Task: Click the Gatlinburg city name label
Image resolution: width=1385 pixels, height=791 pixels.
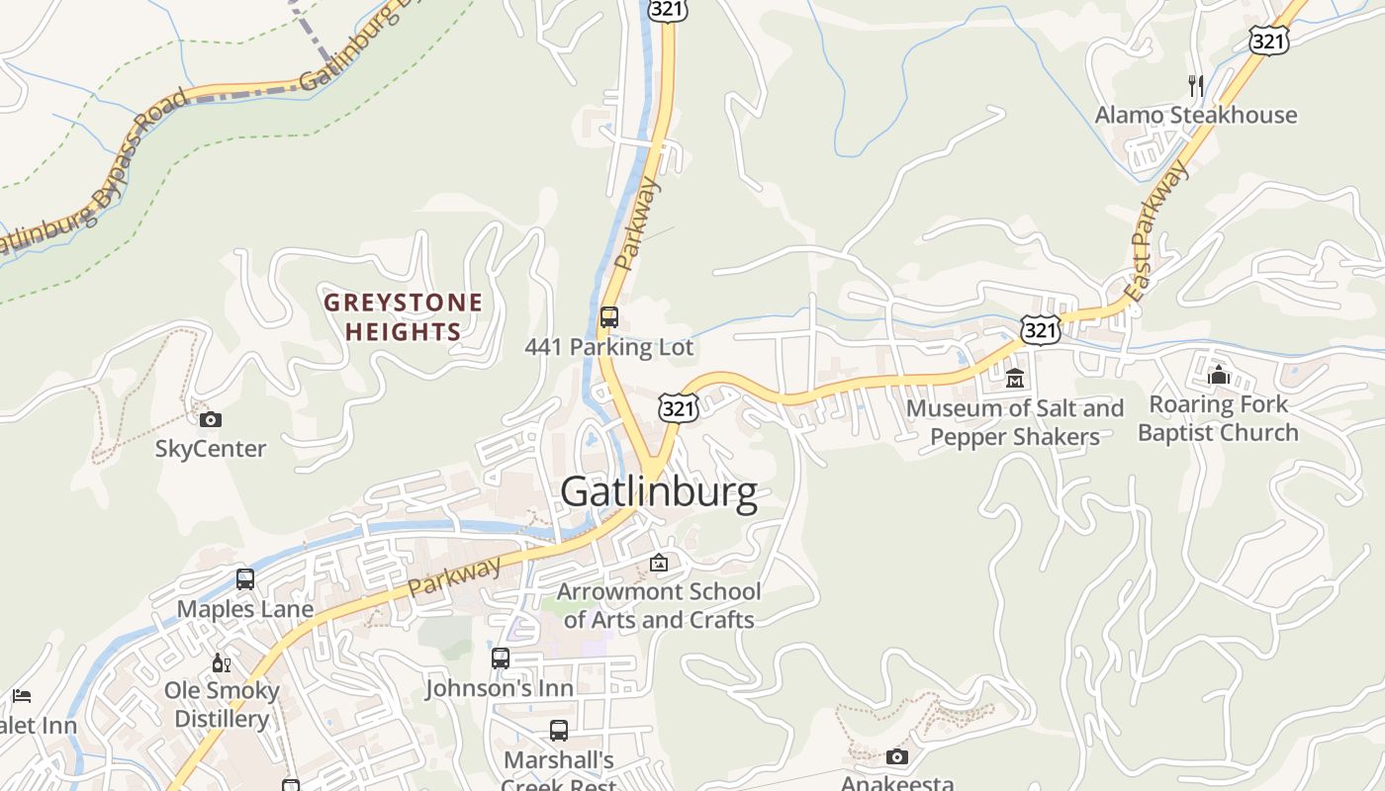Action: click(x=658, y=491)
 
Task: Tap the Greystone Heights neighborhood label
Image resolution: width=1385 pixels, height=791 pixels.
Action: click(x=404, y=316)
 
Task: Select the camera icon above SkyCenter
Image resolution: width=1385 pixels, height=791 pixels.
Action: click(x=211, y=419)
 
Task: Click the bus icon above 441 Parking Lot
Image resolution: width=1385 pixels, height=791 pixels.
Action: click(x=609, y=317)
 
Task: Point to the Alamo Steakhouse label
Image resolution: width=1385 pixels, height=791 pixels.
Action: click(x=1195, y=115)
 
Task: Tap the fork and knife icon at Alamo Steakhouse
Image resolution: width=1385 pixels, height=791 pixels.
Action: click(x=1196, y=86)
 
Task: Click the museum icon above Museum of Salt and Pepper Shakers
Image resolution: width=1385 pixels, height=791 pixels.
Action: click(x=1015, y=378)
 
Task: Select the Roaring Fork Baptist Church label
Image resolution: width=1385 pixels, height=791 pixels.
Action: click(x=1218, y=418)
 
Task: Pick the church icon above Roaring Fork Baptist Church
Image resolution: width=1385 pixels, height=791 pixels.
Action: click(x=1219, y=375)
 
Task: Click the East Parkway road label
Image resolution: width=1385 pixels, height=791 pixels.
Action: click(x=1157, y=232)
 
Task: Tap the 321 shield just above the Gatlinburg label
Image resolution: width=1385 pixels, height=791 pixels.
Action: click(x=680, y=407)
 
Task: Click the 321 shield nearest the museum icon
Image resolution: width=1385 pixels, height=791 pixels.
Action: click(x=1041, y=330)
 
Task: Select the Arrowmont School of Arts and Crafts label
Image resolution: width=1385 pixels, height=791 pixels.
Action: click(x=659, y=605)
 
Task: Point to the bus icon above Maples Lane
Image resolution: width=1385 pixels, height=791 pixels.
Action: click(x=245, y=579)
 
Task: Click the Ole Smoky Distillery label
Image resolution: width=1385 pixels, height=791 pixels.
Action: click(x=222, y=704)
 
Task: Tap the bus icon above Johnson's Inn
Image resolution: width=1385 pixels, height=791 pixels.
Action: click(x=501, y=658)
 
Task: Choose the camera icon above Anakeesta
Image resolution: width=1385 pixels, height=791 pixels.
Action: click(x=897, y=757)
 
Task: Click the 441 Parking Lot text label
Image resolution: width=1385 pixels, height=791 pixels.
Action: click(x=608, y=347)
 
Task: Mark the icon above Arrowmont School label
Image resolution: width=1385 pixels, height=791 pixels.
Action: click(x=659, y=564)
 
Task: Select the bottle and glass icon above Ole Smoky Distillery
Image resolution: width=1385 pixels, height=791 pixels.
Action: click(x=222, y=662)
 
